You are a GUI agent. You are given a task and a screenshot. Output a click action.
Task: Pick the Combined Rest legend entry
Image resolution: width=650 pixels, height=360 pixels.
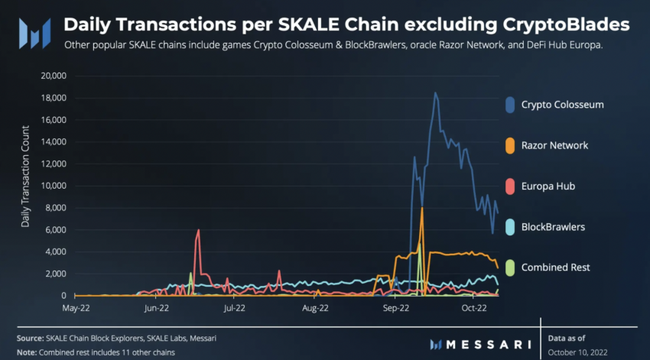click(554, 268)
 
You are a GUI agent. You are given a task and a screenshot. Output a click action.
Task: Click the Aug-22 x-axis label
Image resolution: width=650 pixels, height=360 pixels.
click(315, 309)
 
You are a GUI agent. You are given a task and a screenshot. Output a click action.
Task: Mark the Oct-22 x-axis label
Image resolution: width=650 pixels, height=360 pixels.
click(474, 309)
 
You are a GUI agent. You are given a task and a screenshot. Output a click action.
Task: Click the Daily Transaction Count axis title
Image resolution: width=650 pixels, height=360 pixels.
click(25, 185)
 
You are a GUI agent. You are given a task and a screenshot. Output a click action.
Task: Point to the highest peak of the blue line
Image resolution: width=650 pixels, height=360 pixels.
click(435, 93)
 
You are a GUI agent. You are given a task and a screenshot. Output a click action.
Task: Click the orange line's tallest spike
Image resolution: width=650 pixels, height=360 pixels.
click(421, 208)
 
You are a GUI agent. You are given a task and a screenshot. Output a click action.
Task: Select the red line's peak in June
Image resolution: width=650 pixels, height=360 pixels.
click(198, 230)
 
